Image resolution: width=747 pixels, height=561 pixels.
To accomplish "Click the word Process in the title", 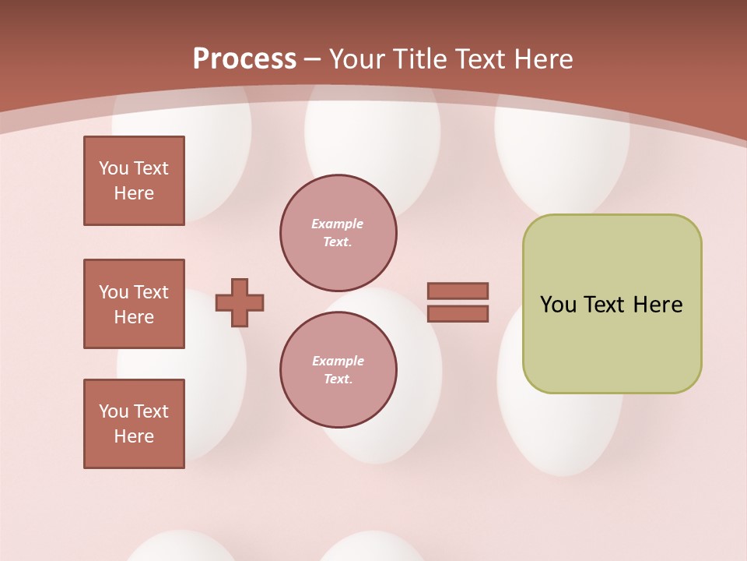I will point(244,58).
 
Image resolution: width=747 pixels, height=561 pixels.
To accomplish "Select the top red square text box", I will point(134,181).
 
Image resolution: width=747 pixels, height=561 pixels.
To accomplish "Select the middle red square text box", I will point(134,304).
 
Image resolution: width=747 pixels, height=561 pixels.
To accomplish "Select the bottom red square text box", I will point(134,424).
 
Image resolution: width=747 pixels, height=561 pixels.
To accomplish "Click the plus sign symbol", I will point(239,302).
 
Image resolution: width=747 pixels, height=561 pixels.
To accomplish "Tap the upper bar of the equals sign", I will point(458,291).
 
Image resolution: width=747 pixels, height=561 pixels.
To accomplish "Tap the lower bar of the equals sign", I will point(458,313).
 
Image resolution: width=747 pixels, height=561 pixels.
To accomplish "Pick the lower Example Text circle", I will point(338,370).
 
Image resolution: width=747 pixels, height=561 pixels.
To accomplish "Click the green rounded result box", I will point(612,303).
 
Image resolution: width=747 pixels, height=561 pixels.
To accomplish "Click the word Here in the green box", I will point(658,305).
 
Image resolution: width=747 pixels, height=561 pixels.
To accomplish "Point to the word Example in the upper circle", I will point(338,224).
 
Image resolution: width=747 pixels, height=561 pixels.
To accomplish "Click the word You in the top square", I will point(114,168).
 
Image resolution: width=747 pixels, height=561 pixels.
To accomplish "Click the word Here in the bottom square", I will point(134,436).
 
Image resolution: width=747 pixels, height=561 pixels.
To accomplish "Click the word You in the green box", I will point(558,305).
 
